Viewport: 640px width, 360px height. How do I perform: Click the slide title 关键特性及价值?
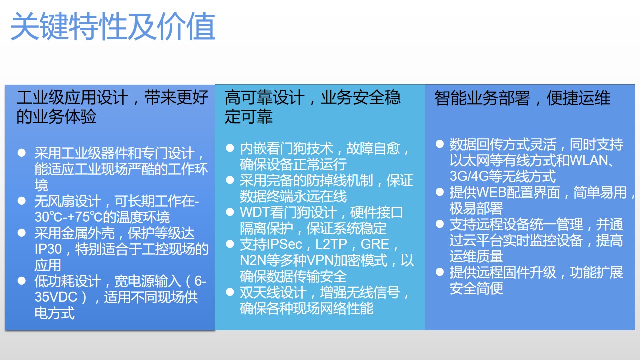tap(113, 26)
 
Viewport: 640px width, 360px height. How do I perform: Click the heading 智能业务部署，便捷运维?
tap(522, 98)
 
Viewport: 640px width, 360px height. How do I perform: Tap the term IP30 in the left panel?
tap(48, 249)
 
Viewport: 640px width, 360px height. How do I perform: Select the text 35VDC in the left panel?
tap(56, 297)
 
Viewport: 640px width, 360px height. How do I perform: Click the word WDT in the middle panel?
tap(255, 212)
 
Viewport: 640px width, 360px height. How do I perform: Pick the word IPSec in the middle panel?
tap(285, 244)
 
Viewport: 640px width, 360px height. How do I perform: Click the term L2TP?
tap(331, 244)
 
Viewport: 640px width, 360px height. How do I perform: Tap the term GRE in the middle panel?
tap(375, 244)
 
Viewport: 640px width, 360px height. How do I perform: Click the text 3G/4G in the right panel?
tap(469, 176)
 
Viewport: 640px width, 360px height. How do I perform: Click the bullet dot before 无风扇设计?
tap(22, 201)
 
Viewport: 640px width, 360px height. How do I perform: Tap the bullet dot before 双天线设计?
tap(230, 292)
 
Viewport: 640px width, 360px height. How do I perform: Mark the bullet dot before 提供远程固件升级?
tap(440, 272)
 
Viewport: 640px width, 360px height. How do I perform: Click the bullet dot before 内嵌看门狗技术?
tap(230, 148)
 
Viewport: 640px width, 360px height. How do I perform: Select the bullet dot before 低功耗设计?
tap(22, 281)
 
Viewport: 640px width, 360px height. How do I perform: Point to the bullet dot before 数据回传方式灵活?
tap(440, 144)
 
